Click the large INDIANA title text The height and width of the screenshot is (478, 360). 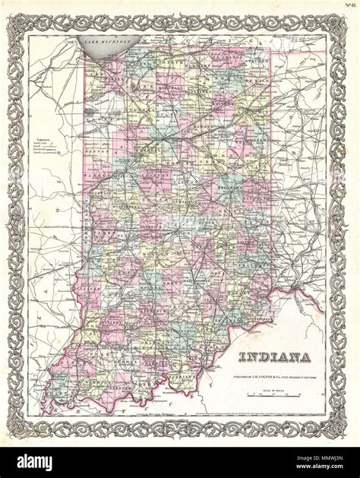coord(274,358)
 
